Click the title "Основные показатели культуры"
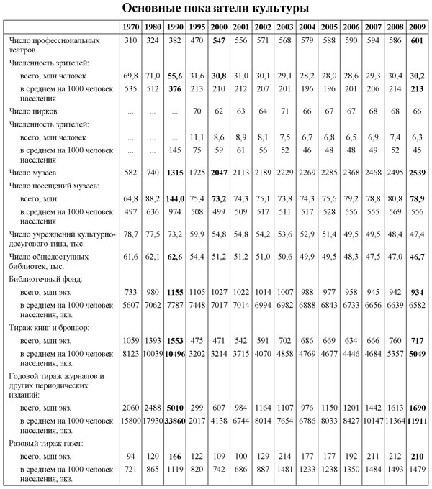216,9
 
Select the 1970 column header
130,27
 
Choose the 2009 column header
416,27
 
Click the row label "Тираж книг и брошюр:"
45,327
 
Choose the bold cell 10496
174,352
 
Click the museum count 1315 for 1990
174,174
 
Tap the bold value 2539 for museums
416,174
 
